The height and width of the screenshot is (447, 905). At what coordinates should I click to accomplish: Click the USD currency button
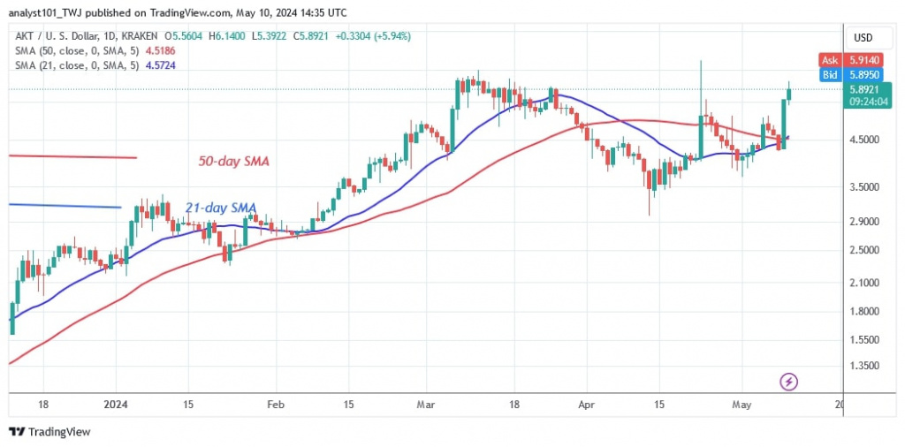(863, 38)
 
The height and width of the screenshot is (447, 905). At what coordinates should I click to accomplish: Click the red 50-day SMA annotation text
(233, 162)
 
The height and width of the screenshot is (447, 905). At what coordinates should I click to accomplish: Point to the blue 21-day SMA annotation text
(221, 208)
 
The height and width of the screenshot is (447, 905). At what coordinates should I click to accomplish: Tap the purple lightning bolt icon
(789, 382)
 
